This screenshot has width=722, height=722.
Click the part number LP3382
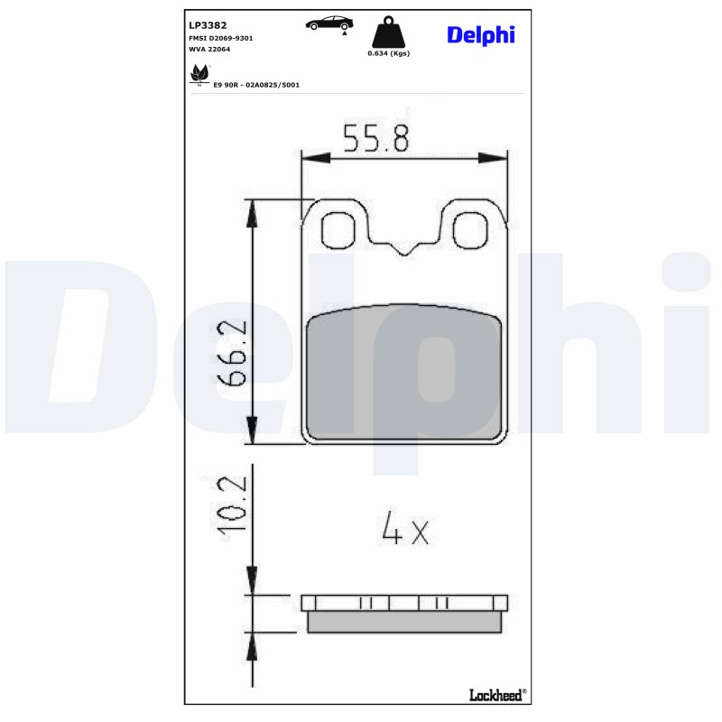pos(208,26)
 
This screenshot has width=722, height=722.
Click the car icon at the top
pos(329,23)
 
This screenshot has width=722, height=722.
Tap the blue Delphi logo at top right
pos(480,35)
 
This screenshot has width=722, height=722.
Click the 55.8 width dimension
pos(376,138)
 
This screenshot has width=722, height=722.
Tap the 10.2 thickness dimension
pos(232,509)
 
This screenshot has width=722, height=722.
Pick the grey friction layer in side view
pos(403,623)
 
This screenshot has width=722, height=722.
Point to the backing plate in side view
pos(403,603)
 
